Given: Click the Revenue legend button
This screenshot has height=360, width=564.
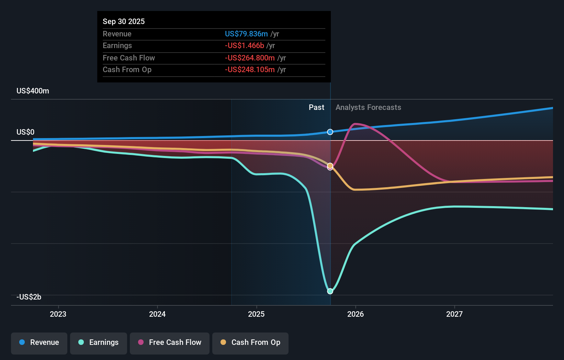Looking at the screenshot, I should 39,343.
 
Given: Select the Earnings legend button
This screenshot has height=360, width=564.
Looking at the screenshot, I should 99,343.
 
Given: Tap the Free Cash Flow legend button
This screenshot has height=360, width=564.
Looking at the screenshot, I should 170,343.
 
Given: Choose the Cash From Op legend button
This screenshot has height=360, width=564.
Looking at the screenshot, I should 250,343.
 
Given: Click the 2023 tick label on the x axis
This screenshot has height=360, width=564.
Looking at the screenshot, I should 58,314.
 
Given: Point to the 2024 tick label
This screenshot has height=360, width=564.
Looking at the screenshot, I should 157,314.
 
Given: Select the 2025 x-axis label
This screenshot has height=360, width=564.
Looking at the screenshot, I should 256,314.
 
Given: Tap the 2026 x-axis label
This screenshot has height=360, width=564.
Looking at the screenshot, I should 356,314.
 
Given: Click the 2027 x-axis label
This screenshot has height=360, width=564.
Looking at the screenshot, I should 454,314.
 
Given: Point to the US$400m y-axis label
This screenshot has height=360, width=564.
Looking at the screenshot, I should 33,91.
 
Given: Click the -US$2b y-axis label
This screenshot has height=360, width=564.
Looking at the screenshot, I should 29,297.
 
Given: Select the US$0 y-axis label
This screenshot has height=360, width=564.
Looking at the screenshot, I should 25,132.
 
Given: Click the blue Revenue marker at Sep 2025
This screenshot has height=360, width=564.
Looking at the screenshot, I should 330,132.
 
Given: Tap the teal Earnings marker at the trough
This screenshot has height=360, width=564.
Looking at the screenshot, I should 330,291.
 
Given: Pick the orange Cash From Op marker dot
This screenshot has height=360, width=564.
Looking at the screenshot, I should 330,166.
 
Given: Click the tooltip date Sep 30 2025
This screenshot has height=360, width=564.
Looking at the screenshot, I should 124,21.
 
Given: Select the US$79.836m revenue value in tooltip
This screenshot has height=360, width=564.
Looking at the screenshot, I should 246,34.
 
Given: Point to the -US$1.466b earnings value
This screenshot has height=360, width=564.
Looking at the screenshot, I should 245,46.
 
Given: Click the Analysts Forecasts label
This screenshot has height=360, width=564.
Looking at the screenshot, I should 368,108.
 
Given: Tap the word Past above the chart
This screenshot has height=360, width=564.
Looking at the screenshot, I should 316,108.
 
